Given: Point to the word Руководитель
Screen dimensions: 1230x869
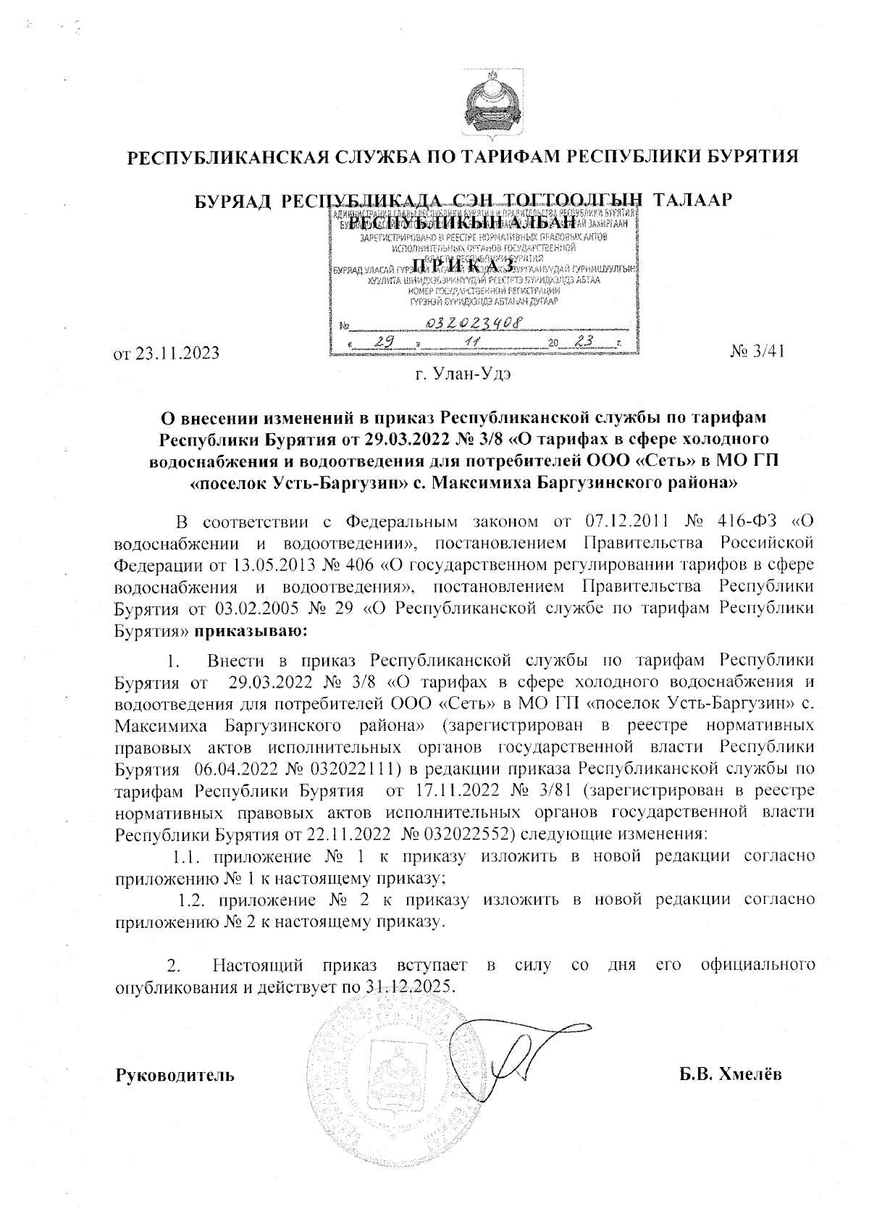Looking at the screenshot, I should click(175, 1074).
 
